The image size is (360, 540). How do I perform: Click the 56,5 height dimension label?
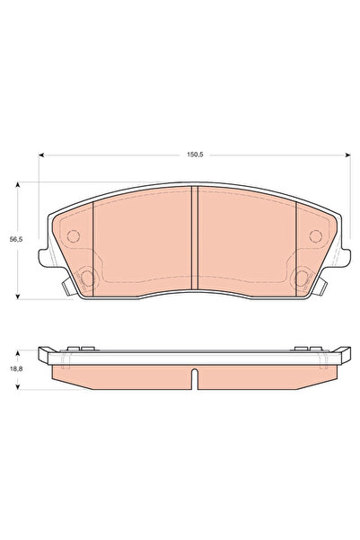tap(14, 240)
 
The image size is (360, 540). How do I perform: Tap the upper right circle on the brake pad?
tap(314, 237)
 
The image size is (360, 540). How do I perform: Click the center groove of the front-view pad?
tap(195, 236)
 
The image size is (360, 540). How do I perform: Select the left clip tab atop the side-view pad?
tap(77, 348)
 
